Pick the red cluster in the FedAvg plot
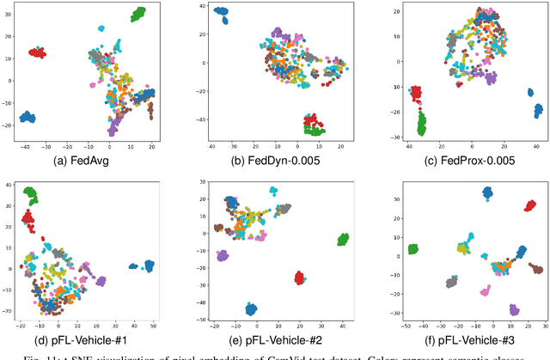pyautogui.click(x=37, y=52)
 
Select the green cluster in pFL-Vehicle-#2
pyautogui.click(x=343, y=239)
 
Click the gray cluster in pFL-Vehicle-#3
pyautogui.click(x=451, y=282)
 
